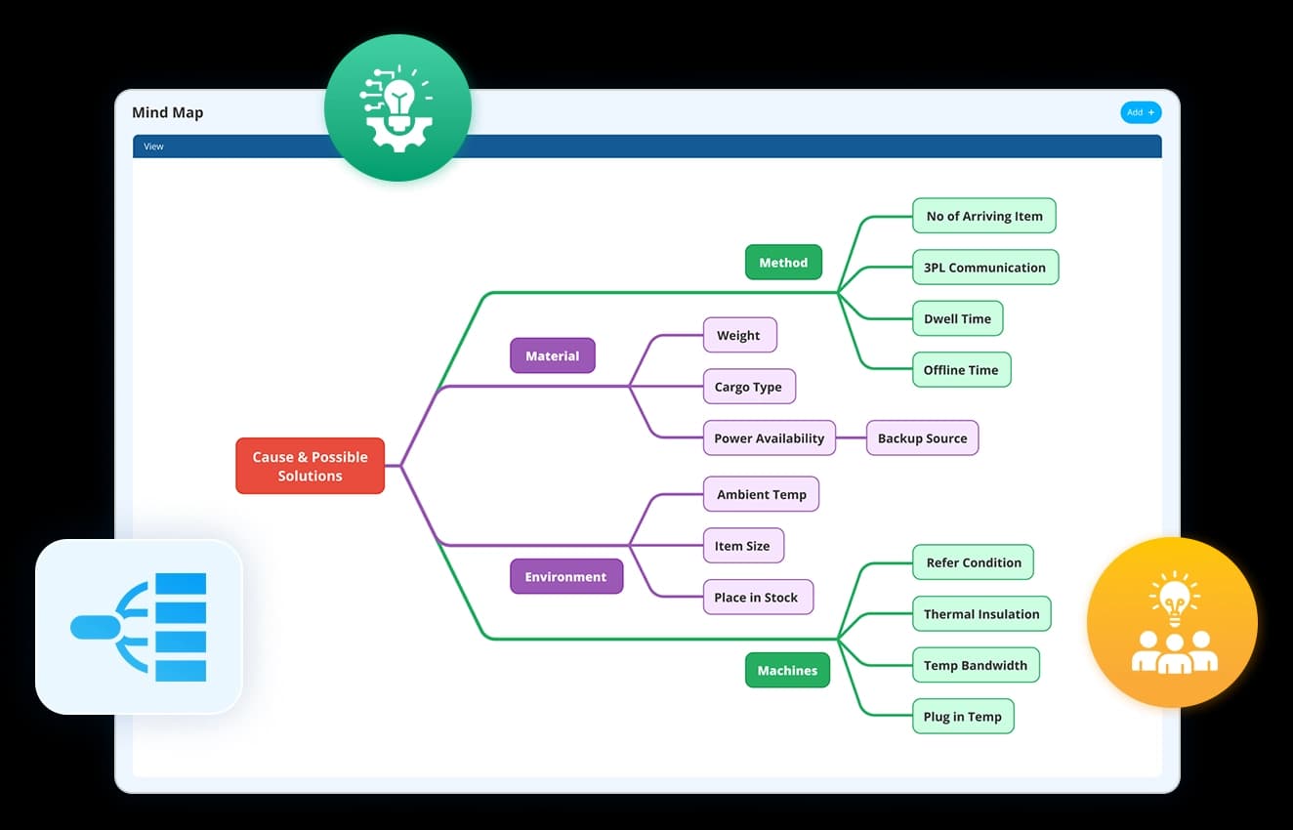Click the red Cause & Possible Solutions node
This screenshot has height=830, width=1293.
tap(310, 466)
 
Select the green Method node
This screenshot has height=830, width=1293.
tap(783, 263)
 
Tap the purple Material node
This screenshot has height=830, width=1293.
tap(552, 356)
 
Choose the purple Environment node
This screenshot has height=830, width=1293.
tap(565, 577)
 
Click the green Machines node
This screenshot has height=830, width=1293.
tap(786, 671)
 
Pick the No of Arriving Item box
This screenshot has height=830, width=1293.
tap(983, 216)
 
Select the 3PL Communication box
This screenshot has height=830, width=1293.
tap(984, 268)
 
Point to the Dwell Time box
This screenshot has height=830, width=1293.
tap(957, 319)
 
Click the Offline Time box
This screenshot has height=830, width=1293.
tap(961, 370)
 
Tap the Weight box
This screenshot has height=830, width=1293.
tap(739, 336)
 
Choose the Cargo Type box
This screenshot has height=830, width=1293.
tap(748, 387)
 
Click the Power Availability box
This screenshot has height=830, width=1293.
tap(770, 438)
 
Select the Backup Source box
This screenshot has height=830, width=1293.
tap(922, 438)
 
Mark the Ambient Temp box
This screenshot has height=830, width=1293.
tap(761, 494)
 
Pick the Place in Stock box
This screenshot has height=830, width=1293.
tap(757, 598)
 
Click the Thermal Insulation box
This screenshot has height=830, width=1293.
tap(981, 614)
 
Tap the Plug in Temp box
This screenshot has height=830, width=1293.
tap(962, 717)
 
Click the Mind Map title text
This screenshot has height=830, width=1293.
tap(168, 112)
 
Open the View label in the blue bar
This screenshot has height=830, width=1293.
tap(154, 146)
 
